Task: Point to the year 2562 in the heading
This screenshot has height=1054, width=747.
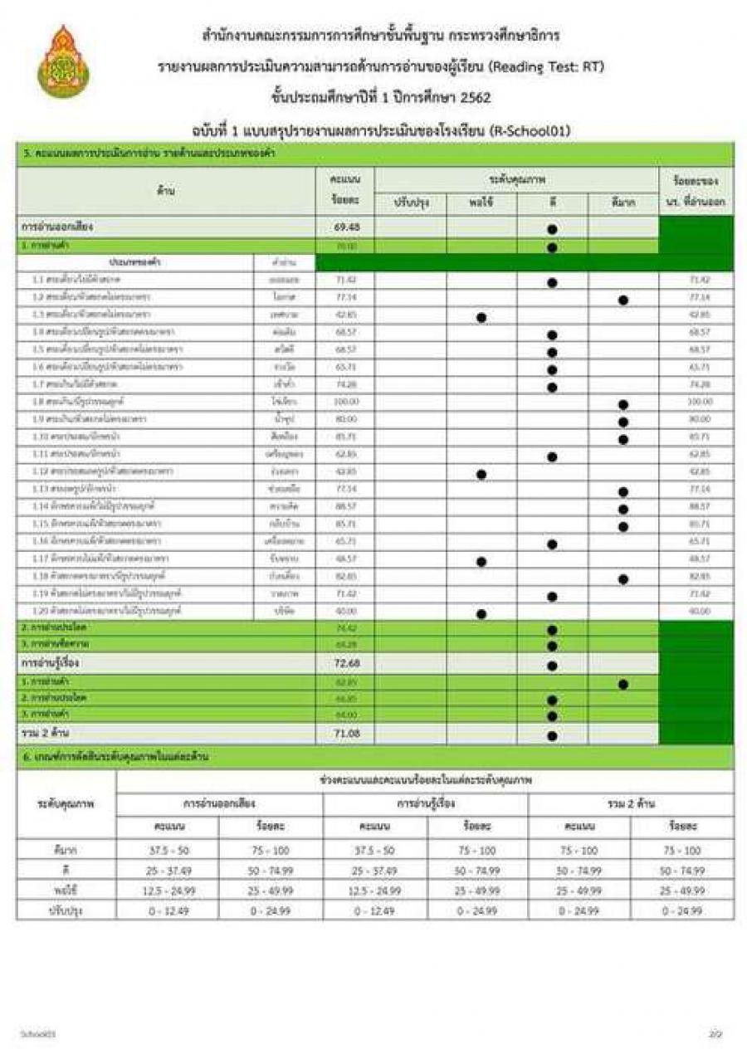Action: [x=474, y=97]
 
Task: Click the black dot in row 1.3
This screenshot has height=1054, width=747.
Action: [x=481, y=317]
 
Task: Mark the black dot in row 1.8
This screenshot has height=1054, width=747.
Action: [x=623, y=404]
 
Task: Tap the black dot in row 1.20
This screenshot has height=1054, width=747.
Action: [x=481, y=613]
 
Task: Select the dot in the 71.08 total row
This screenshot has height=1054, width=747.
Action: [x=552, y=734]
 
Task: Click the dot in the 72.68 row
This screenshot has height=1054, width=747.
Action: [x=552, y=665]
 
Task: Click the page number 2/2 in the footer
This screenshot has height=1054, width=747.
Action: [x=716, y=1034]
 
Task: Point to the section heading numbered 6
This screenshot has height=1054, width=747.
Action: [x=116, y=756]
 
